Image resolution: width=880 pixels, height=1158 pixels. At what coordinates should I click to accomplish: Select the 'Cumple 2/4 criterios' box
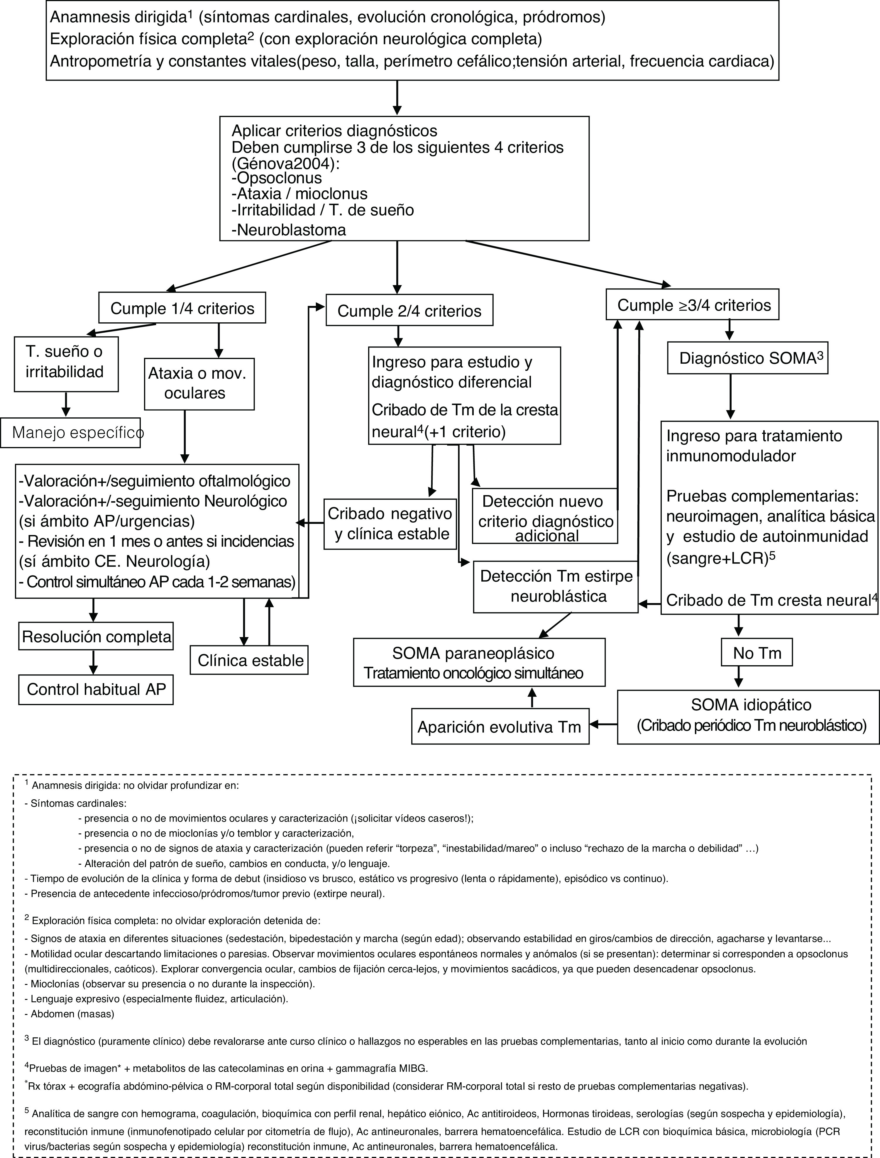[x=409, y=311]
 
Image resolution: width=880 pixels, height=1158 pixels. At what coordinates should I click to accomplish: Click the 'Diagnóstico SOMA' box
[x=747, y=359]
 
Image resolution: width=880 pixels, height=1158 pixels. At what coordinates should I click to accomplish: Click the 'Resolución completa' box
[x=97, y=636]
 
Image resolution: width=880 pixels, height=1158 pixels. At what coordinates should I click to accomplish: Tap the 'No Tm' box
[x=757, y=653]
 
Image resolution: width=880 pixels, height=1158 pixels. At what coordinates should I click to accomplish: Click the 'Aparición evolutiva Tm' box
[x=500, y=727]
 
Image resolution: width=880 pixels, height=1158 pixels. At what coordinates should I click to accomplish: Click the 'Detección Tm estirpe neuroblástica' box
[x=556, y=587]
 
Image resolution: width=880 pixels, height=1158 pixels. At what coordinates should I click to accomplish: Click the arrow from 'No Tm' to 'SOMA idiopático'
[x=739, y=676]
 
